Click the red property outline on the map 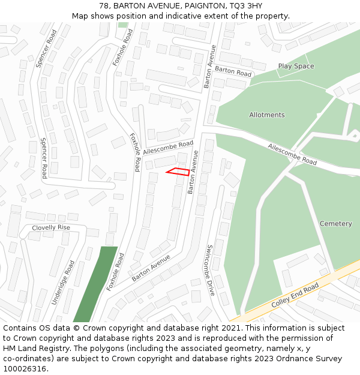(178, 172)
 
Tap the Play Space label (296, 66)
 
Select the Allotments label (267, 115)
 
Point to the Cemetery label (335, 223)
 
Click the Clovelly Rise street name (51, 227)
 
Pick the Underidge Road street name (62, 283)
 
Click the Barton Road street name (233, 72)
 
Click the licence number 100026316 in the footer (25, 369)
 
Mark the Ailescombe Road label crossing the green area (292, 154)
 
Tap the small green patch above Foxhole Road (123, 25)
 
